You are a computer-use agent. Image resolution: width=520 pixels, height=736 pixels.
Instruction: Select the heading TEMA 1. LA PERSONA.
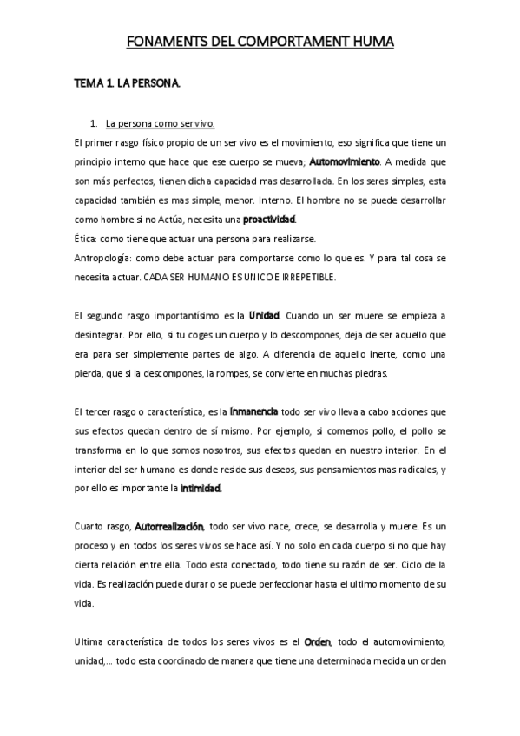click(x=126, y=85)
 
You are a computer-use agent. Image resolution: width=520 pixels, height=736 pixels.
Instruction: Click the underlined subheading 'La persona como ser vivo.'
click(x=160, y=124)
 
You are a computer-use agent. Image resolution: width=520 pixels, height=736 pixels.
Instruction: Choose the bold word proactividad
click(x=269, y=219)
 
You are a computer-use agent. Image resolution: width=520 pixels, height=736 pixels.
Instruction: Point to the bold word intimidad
click(x=201, y=487)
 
